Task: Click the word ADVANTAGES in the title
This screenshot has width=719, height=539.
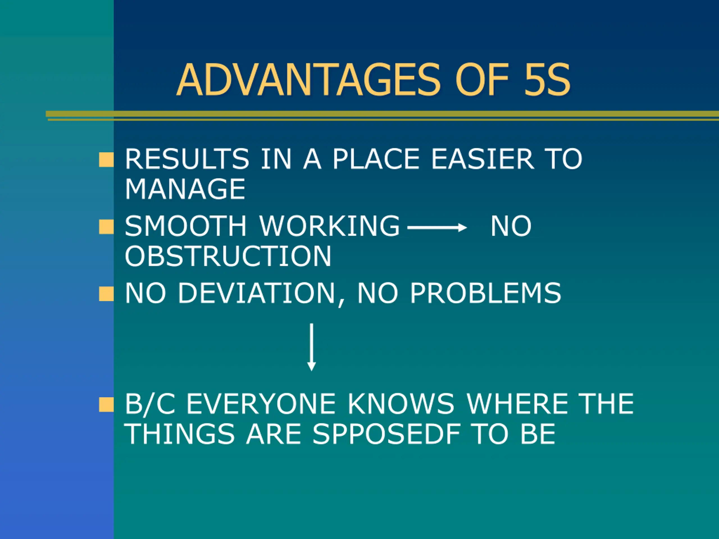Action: click(x=309, y=80)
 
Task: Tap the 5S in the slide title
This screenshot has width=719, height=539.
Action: click(x=547, y=80)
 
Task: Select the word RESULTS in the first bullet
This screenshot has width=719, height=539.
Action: click(x=187, y=159)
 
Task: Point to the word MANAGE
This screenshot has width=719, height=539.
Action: click(x=185, y=189)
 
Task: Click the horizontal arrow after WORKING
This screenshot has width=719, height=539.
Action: click(x=437, y=227)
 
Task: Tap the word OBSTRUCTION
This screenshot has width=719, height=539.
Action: click(x=228, y=256)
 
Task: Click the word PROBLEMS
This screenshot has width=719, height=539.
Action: click(x=486, y=293)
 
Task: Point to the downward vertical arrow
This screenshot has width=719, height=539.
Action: click(x=311, y=347)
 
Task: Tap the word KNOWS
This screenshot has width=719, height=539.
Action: click(x=401, y=404)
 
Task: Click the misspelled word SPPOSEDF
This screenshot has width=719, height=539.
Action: click(x=386, y=434)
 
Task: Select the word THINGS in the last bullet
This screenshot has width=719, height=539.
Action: click(x=179, y=434)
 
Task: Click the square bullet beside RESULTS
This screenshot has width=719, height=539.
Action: click(x=106, y=159)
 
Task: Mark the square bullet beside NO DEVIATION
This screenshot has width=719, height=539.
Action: click(x=106, y=294)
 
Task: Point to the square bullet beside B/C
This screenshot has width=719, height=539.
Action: click(x=106, y=405)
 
